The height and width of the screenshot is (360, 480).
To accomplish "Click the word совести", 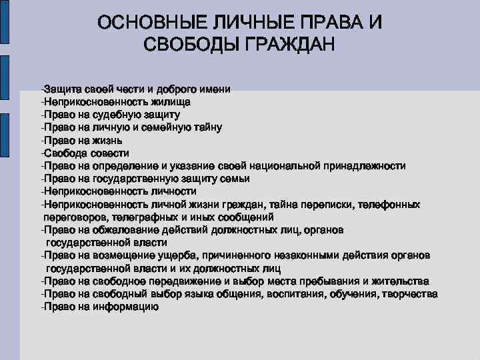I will (x=101, y=153).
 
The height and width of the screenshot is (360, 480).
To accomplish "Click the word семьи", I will (x=237, y=178).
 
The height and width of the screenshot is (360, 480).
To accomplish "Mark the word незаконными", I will (x=298, y=255).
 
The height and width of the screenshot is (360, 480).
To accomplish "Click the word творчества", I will (x=411, y=294).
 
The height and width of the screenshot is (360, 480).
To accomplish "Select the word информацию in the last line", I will (x=130, y=307).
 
